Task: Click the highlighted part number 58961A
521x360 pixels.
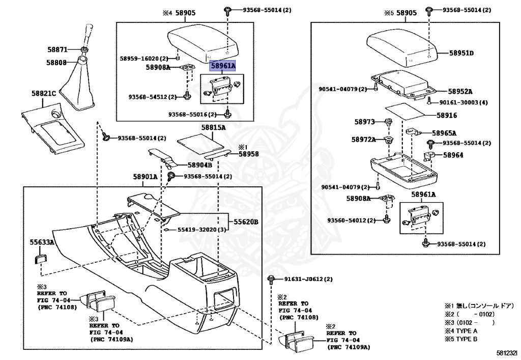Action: [x=223, y=66]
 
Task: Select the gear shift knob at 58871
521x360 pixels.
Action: [x=88, y=37]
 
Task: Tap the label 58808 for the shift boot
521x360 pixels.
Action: [x=56, y=63]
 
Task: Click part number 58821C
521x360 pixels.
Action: [x=44, y=93]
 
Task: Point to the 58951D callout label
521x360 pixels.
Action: [x=461, y=53]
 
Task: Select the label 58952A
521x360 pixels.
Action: [x=460, y=92]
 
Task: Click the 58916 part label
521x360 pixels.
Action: [x=447, y=116]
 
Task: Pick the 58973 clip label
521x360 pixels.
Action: [x=364, y=122]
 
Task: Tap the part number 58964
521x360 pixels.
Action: [x=453, y=155]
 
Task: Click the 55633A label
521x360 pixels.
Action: [x=42, y=242]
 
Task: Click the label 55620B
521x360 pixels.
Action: [x=246, y=221]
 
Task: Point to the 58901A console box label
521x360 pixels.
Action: [x=145, y=177]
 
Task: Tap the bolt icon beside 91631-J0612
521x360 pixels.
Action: [x=271, y=280]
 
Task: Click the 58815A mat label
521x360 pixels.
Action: [x=213, y=127]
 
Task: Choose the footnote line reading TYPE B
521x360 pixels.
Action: [x=461, y=339]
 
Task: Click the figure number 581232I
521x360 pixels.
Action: [x=507, y=352]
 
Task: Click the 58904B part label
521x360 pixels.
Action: [x=199, y=165]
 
